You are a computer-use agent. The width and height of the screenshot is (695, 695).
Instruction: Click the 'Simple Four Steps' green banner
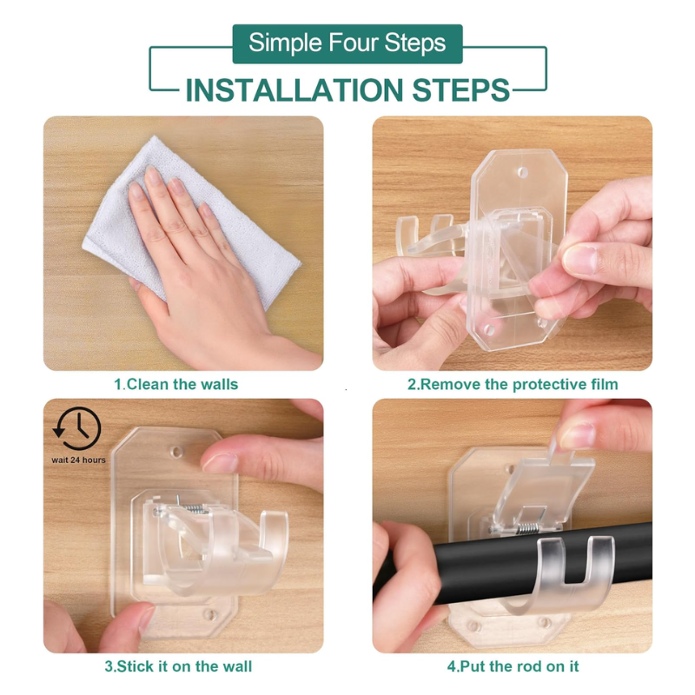(x=347, y=43)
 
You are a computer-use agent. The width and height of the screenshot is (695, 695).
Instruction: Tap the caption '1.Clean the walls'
(x=175, y=383)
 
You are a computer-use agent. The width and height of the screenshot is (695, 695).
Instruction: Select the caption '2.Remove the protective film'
(x=513, y=383)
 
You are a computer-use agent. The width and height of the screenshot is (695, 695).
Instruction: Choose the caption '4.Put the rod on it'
(x=513, y=666)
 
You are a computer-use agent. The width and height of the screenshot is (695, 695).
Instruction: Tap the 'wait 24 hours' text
(x=77, y=460)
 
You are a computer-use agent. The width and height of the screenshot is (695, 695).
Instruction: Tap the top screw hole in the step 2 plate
(x=524, y=169)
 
